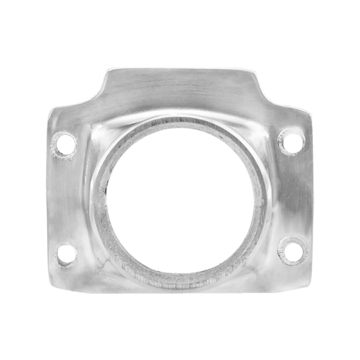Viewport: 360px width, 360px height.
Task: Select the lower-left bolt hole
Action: pos(67,253)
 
